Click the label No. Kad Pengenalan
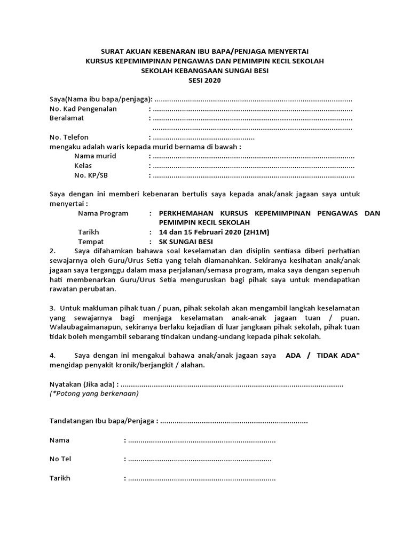[83, 109]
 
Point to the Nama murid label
[95, 156]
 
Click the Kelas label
[83, 166]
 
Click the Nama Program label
[103, 213]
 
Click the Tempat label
[91, 242]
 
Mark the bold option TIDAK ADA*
[339, 356]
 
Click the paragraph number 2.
[52, 251]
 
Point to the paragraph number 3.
[52, 309]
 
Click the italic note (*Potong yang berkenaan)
[93, 394]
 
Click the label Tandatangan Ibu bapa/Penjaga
[102, 422]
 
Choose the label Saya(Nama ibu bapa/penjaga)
[100, 99]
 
